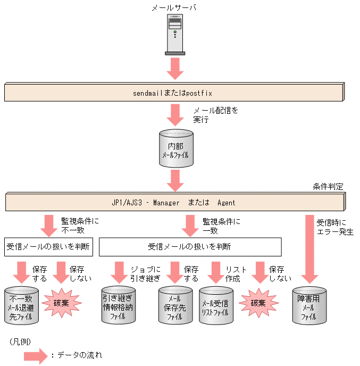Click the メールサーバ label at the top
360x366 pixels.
point(174,8)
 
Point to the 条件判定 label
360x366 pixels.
point(329,187)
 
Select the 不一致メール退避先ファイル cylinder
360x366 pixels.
point(21,305)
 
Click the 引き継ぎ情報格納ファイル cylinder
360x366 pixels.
point(118,305)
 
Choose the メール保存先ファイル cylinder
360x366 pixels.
point(175,305)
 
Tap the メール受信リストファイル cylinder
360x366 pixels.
point(216,305)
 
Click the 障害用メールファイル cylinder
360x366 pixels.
point(309,305)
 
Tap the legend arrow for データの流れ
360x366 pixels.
point(36,355)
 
